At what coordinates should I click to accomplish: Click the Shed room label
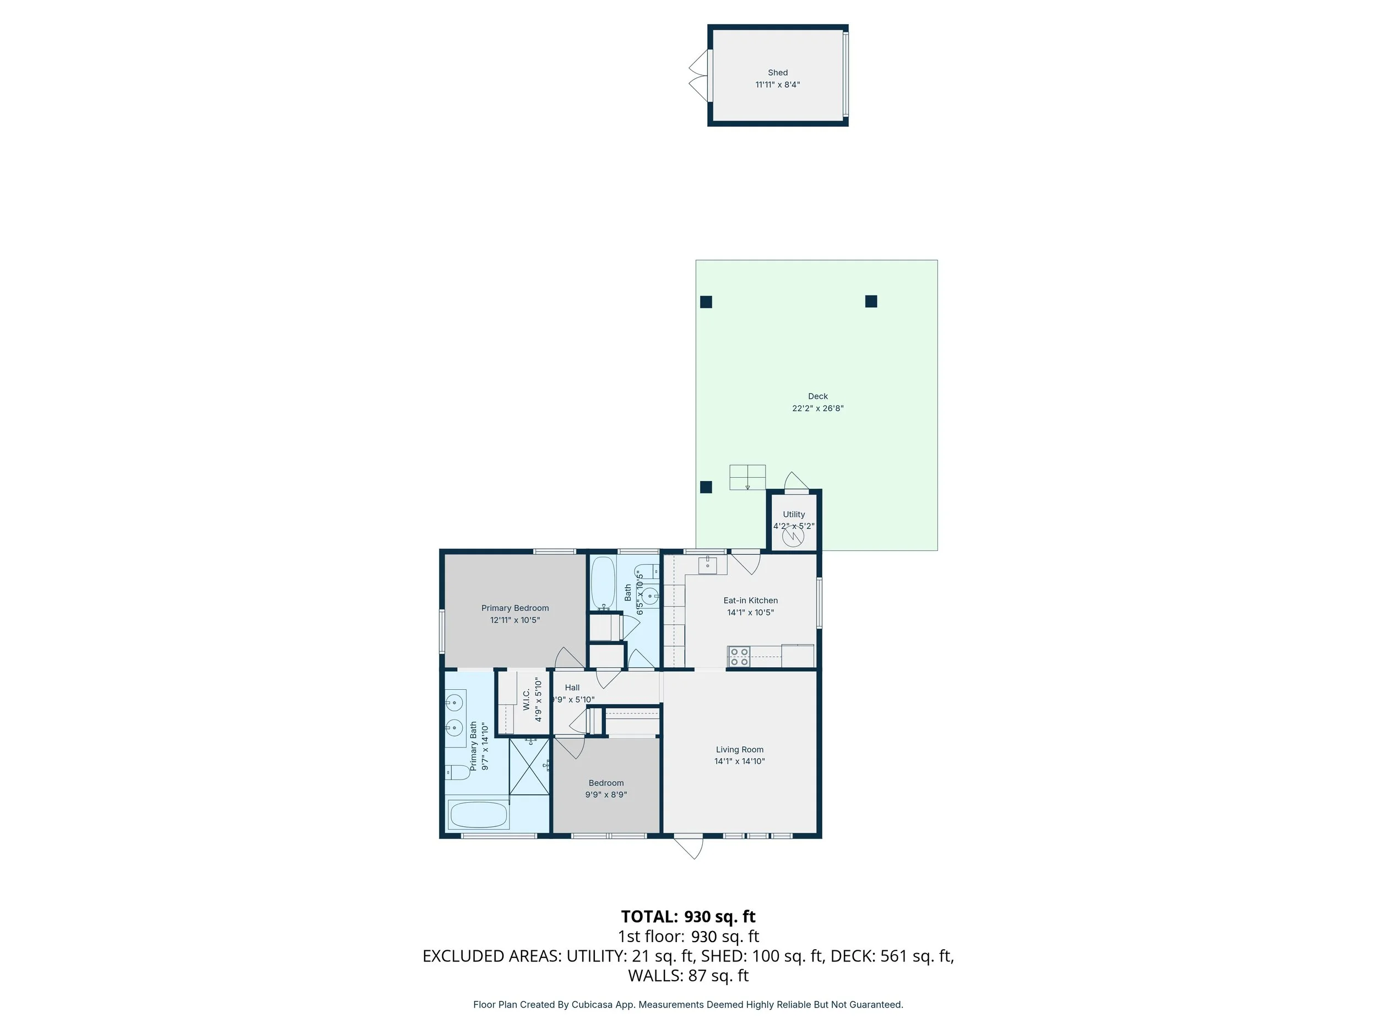[x=778, y=73]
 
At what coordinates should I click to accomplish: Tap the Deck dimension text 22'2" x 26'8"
[x=817, y=408]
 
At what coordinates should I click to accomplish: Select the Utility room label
[x=794, y=515]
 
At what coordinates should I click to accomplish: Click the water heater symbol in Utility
[x=793, y=537]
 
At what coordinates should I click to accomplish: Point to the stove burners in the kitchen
[x=739, y=657]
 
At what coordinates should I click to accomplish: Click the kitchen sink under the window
[x=707, y=565]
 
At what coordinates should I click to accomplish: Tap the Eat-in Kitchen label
[x=750, y=601]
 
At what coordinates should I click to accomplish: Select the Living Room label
[x=740, y=750]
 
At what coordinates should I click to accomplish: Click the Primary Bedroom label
[x=515, y=608]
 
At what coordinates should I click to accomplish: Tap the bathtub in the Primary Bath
[x=478, y=814]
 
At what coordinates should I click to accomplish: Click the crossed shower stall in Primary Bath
[x=529, y=766]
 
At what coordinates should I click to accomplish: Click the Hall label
[x=572, y=688]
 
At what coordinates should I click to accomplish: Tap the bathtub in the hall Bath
[x=602, y=583]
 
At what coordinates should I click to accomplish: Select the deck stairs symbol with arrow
[x=747, y=478]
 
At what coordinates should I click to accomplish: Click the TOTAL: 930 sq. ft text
[x=688, y=917]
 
